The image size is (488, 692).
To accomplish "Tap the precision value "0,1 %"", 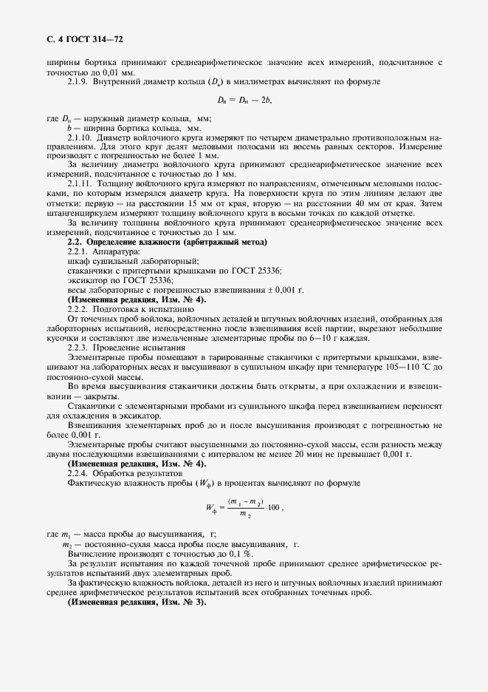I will coord(236,553).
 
